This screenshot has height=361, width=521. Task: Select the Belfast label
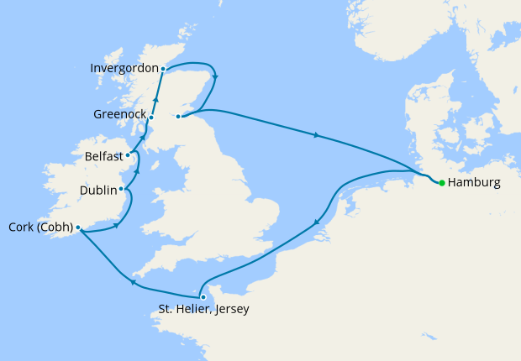pyautogui.click(x=104, y=156)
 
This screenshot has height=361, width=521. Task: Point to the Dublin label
pyautogui.click(x=97, y=191)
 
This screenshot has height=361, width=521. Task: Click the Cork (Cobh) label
pyautogui.click(x=39, y=227)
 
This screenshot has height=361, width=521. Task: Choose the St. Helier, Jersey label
pyautogui.click(x=203, y=309)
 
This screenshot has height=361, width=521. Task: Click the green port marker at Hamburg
pyautogui.click(x=442, y=182)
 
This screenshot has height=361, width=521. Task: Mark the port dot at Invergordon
pyautogui.click(x=163, y=68)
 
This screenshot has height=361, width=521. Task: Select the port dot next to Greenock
pyautogui.click(x=151, y=118)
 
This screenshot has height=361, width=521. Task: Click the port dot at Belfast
pyautogui.click(x=128, y=155)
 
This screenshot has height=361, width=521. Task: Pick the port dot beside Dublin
pyautogui.click(x=122, y=189)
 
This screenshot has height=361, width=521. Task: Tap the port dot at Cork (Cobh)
pyautogui.click(x=77, y=227)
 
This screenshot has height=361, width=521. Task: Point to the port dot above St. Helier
pyautogui.click(x=203, y=296)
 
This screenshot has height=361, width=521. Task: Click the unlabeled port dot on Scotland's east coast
pyautogui.click(x=178, y=118)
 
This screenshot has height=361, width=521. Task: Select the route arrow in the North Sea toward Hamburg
pyautogui.click(x=316, y=134)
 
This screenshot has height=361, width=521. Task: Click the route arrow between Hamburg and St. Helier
pyautogui.click(x=317, y=223)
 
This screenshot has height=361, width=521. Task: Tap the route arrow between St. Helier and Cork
pyautogui.click(x=133, y=283)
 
